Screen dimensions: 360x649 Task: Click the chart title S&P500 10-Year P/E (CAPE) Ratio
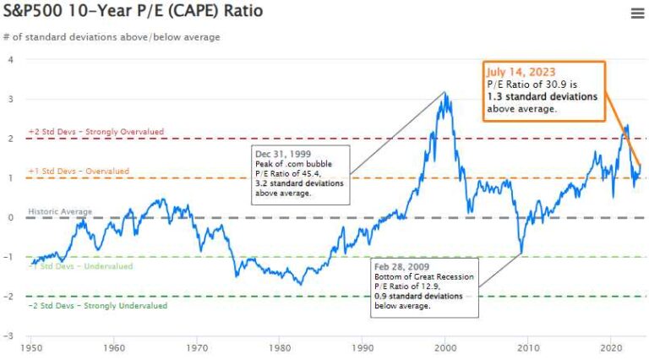(x=133, y=12)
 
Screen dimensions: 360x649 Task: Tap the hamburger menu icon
(x=637, y=13)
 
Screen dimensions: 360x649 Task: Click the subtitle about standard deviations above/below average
(x=112, y=37)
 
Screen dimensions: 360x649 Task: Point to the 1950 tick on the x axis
(x=32, y=346)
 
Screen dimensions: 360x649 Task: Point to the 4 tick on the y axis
(x=11, y=60)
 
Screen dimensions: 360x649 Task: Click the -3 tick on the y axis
(x=9, y=336)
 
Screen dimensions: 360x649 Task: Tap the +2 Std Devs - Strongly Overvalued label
(x=95, y=132)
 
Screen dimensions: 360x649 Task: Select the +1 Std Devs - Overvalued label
(x=79, y=172)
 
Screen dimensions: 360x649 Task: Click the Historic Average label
(x=60, y=211)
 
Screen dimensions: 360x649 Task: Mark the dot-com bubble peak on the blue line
(x=445, y=93)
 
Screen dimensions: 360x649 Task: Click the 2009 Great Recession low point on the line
(x=521, y=252)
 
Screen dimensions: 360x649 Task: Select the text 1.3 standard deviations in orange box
(x=542, y=96)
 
